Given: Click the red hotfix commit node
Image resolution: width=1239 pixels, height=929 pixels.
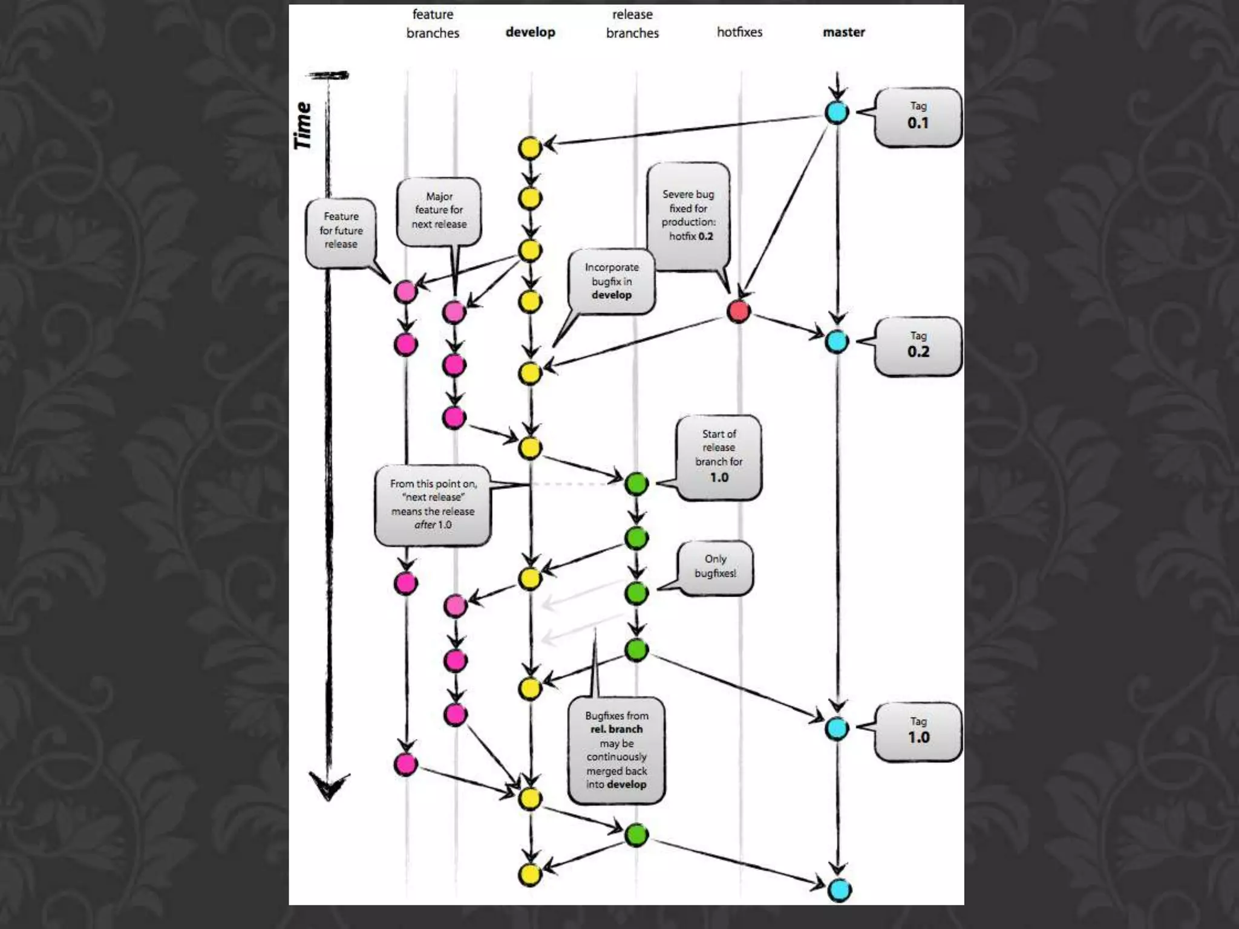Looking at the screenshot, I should pyautogui.click(x=738, y=311).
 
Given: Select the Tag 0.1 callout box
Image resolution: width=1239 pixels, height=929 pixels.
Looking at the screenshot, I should pyautogui.click(x=918, y=117).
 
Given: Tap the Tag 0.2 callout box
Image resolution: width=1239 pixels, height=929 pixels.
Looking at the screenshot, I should pyautogui.click(x=918, y=346).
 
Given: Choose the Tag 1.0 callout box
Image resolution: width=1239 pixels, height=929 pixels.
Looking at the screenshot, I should pyautogui.click(x=918, y=731).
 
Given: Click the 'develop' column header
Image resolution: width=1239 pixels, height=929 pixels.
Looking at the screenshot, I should pyautogui.click(x=530, y=32).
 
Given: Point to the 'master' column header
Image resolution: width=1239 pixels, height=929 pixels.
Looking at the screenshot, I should pyautogui.click(x=843, y=32).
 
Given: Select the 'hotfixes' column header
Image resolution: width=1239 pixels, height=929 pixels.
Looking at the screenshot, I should pyautogui.click(x=739, y=32).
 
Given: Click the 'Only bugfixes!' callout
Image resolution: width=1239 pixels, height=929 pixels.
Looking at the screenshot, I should pyautogui.click(x=715, y=567).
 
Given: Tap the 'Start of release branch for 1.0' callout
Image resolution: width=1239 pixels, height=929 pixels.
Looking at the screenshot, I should pyautogui.click(x=719, y=457).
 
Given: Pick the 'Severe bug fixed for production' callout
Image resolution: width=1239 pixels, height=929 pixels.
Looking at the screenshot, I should pyautogui.click(x=688, y=216).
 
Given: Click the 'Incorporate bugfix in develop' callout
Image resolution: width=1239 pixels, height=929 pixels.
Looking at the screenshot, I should pyautogui.click(x=612, y=281).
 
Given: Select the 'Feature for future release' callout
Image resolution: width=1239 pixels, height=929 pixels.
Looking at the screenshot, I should pyautogui.click(x=341, y=231).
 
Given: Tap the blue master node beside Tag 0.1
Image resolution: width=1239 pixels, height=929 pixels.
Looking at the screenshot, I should pyautogui.click(x=837, y=112).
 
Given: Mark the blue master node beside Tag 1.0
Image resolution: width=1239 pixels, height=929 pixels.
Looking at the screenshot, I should pyautogui.click(x=837, y=728).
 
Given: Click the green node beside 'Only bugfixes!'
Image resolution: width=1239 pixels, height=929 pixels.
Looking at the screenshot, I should pyautogui.click(x=636, y=592).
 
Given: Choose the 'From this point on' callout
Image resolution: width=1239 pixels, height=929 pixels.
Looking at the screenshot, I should pyautogui.click(x=433, y=504).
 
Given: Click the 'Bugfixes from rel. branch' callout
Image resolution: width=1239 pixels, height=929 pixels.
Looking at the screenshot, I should pyautogui.click(x=616, y=750).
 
